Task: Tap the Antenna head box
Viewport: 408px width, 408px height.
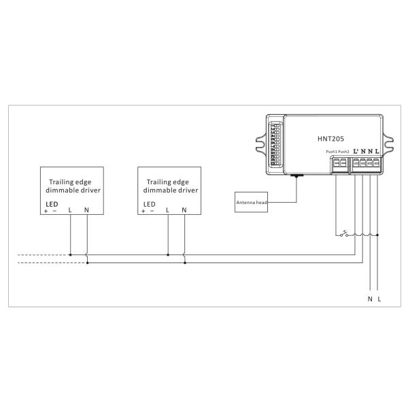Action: pos(252,203)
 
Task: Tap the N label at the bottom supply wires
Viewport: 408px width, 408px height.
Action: pos(369,299)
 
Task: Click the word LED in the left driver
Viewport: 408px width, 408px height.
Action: pos(52,203)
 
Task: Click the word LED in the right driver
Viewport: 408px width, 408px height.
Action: pos(150,203)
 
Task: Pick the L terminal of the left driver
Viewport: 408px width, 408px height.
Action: pos(70,210)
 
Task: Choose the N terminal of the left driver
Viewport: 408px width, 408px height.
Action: pos(86,210)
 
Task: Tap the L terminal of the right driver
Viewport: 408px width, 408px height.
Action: pos(168,210)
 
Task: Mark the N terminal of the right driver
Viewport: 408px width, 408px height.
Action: pos(184,210)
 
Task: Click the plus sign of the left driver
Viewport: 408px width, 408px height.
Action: pos(47,211)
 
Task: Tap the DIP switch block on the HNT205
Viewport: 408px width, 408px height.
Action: pos(275,145)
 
